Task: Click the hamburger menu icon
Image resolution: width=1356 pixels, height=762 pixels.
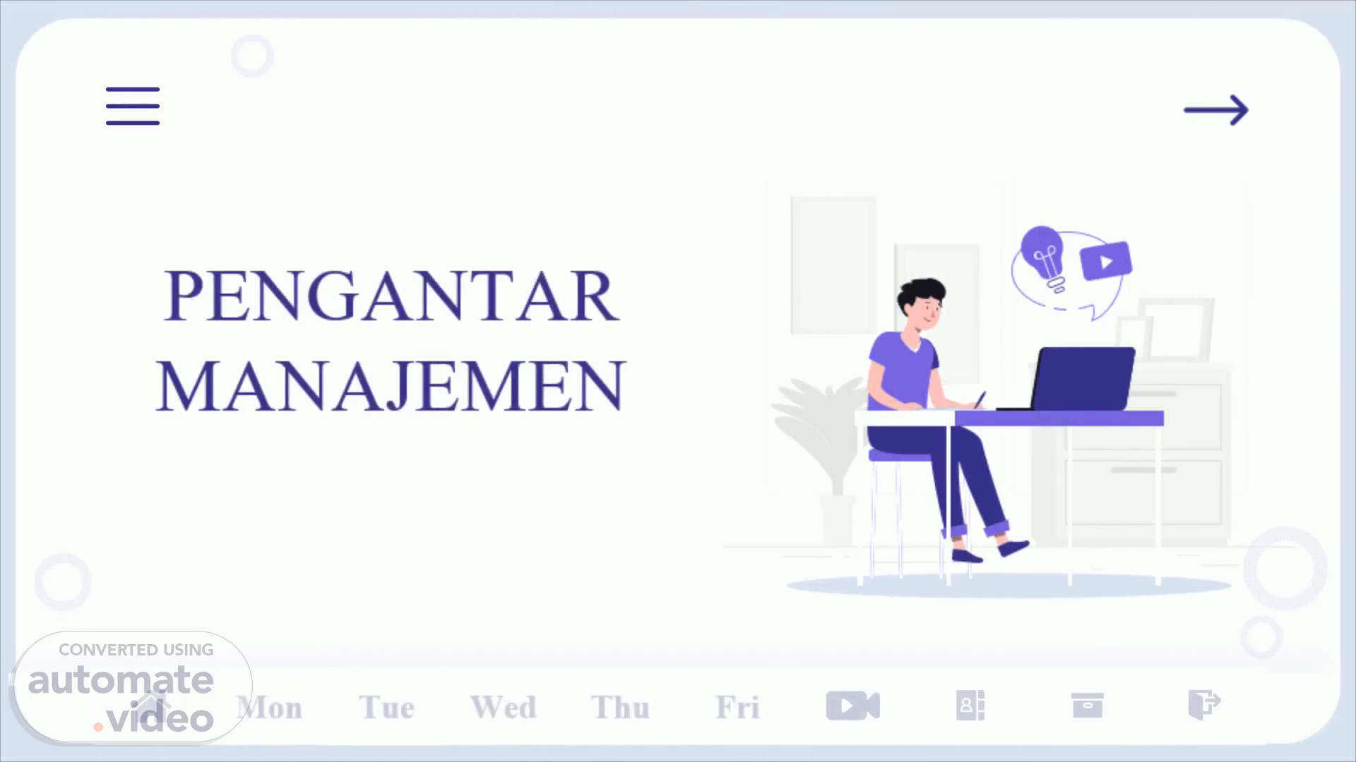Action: coord(133,106)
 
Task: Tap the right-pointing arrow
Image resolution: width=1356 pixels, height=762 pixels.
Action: coord(1216,110)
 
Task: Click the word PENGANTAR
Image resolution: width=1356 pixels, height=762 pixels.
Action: coord(391,296)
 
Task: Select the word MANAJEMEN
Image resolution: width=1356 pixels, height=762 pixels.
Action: coord(391,386)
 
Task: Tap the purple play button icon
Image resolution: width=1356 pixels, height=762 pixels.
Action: coord(1106,262)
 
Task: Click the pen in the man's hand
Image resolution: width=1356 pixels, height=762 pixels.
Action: coord(980,399)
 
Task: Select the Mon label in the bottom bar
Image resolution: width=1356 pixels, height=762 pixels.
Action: coord(269,707)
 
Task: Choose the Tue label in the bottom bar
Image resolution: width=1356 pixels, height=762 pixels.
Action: coord(386,707)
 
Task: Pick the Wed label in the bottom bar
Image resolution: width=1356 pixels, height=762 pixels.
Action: coord(504,707)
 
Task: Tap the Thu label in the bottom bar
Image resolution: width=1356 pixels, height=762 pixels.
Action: coord(620,707)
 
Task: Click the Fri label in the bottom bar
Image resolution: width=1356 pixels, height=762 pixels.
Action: coord(737,707)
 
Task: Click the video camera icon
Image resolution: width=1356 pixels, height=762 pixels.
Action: coord(853,706)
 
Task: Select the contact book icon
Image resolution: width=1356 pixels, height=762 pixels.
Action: coord(970,706)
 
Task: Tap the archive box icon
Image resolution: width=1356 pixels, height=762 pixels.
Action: coord(1088,706)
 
